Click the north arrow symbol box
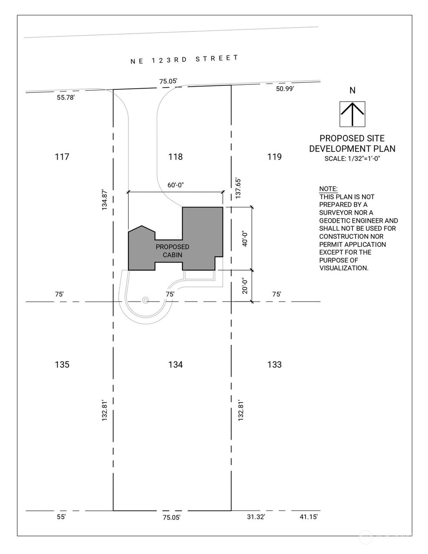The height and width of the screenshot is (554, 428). (352, 114)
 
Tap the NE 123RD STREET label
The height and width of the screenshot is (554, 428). (184, 59)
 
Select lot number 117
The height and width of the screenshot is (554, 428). (62, 157)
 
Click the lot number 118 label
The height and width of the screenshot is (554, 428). (176, 157)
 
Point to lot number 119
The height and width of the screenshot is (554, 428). (274, 157)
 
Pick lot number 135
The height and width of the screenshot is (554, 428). (62, 365)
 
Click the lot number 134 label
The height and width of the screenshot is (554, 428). (176, 365)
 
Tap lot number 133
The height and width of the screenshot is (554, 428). (274, 365)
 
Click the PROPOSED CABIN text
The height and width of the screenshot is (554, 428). (172, 251)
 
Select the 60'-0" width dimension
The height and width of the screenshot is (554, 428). (176, 185)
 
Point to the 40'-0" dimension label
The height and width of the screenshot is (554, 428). (245, 238)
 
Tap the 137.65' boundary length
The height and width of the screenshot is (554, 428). (238, 187)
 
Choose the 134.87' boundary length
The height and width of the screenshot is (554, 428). (105, 199)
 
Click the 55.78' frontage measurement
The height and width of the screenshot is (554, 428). (65, 98)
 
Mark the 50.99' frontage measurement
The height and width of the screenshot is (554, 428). (285, 89)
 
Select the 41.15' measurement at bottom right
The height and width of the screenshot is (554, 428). (308, 517)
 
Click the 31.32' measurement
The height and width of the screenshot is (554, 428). (256, 517)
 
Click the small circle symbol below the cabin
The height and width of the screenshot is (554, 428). (145, 300)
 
